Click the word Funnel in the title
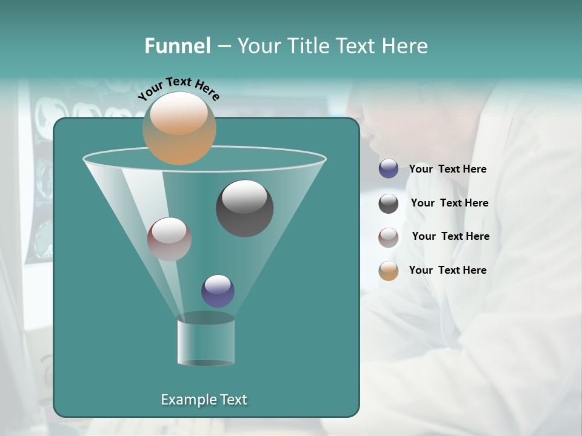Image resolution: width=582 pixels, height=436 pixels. coord(178,45)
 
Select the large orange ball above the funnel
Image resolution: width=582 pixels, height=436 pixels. coord(179,128)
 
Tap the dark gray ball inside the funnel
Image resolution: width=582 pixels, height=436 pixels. coord(244,208)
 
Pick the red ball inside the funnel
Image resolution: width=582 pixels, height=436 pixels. coord(169,239)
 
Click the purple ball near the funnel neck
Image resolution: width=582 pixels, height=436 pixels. coord(218,291)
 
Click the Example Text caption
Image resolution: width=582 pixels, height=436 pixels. coord(204,400)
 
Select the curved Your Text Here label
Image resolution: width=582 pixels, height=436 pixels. coord(179,89)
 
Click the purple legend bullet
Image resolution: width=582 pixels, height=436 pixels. coord(389,169)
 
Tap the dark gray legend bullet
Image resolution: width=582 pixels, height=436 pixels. coord(389,203)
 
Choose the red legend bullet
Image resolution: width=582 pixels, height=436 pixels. coord(389,237)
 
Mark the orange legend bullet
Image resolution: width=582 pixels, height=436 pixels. coord(389,271)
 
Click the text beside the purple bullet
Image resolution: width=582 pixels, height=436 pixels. coord(447,169)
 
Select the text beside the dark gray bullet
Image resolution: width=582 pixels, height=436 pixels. coord(449,203)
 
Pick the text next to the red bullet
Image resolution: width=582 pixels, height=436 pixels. coord(450,236)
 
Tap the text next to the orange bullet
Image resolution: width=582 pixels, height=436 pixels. coord(447,270)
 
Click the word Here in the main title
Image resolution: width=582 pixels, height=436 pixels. coord(404,45)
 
